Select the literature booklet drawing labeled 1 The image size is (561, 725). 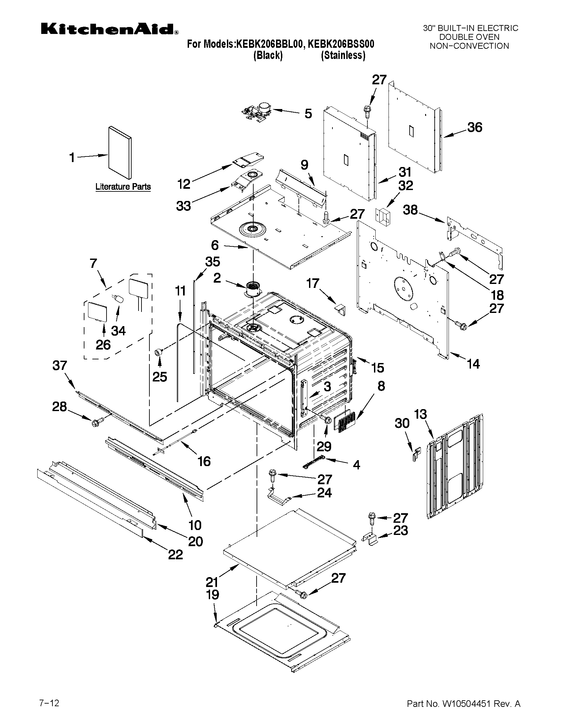coord(120,153)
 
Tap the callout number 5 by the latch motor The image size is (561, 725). coord(308,114)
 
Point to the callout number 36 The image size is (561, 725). coord(475,127)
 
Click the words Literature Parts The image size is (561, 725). coord(123,187)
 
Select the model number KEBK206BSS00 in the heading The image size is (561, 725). coord(341,44)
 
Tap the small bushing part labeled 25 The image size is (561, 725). coord(158,352)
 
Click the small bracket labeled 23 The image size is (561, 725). coord(372,538)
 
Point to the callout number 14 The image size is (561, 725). coord(473,364)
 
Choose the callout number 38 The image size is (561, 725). coord(410,210)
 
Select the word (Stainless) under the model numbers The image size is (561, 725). coord(343,55)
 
